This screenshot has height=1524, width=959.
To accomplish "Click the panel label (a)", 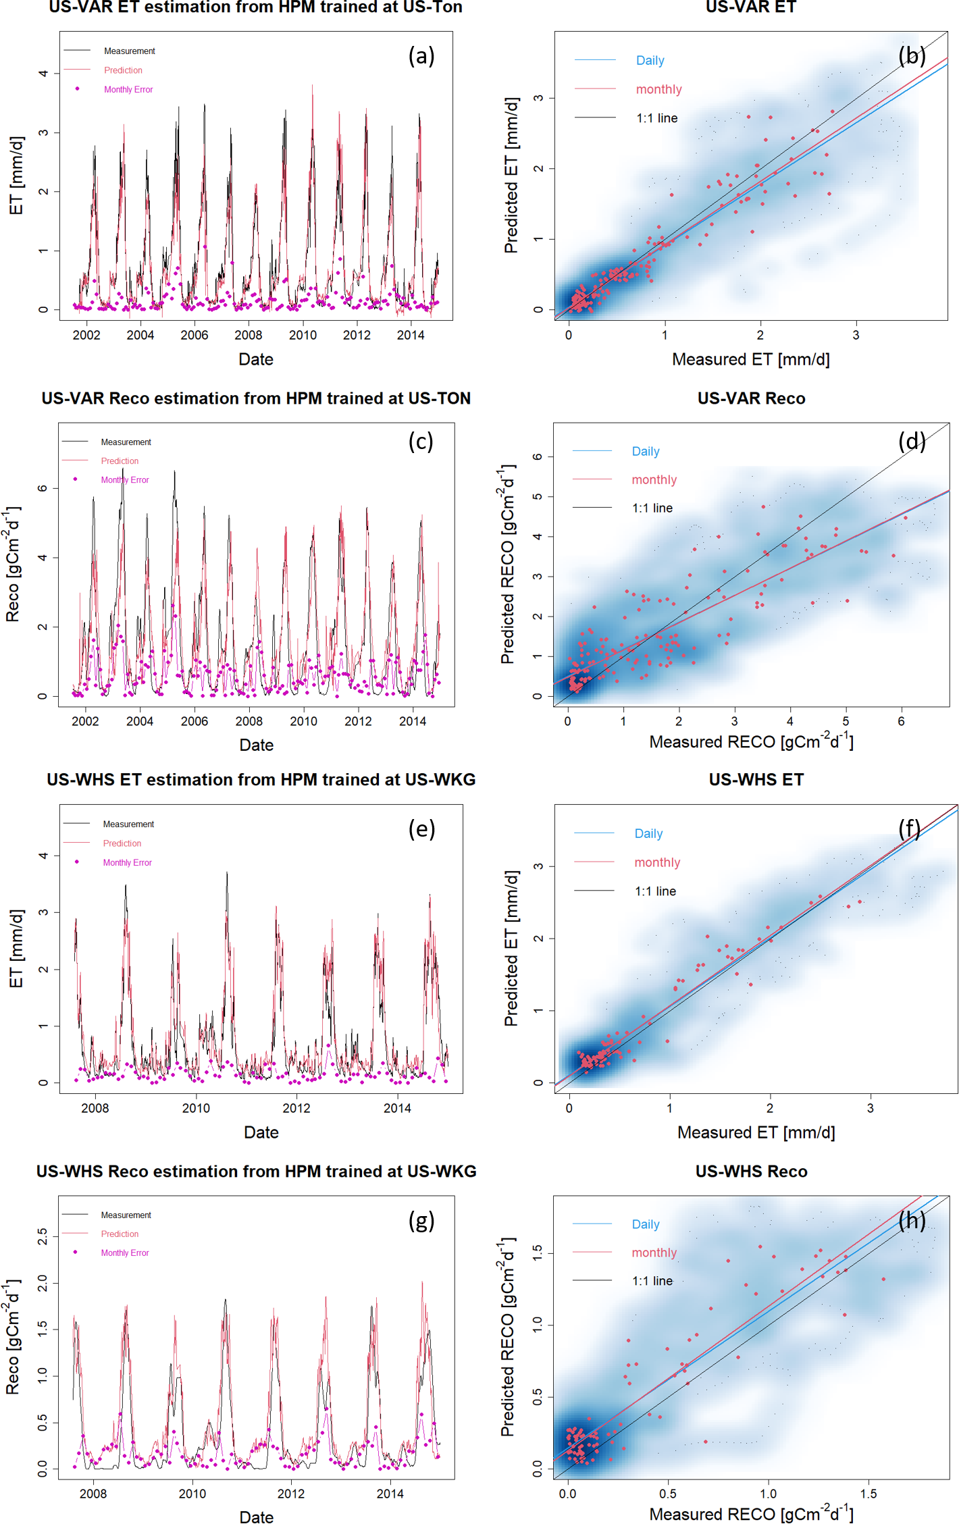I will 421,56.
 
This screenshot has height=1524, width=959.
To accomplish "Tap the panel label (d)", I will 912,442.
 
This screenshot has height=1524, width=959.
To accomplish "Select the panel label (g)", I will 421,1221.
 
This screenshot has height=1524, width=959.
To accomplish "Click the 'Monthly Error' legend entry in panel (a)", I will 128,90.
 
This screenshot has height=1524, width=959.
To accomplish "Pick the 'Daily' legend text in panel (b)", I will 650,61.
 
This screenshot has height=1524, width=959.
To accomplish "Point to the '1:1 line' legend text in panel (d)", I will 652,508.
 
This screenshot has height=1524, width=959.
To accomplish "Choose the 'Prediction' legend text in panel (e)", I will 122,844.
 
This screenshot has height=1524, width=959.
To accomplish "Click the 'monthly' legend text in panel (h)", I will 654,1253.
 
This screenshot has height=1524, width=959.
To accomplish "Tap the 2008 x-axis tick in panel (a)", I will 249,336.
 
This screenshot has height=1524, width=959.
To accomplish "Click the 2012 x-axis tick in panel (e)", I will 296,1109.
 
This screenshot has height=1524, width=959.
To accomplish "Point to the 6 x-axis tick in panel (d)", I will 901,722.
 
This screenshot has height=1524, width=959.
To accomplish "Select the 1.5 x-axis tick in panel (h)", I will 869,1494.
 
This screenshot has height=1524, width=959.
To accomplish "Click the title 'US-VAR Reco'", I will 751,398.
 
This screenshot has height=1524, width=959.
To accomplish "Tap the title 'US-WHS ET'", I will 756,780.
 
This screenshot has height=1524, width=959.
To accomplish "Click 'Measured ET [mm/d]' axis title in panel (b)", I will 750,360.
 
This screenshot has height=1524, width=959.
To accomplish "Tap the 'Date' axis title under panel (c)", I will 257,745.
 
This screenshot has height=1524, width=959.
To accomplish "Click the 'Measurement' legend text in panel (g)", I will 126,1215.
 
